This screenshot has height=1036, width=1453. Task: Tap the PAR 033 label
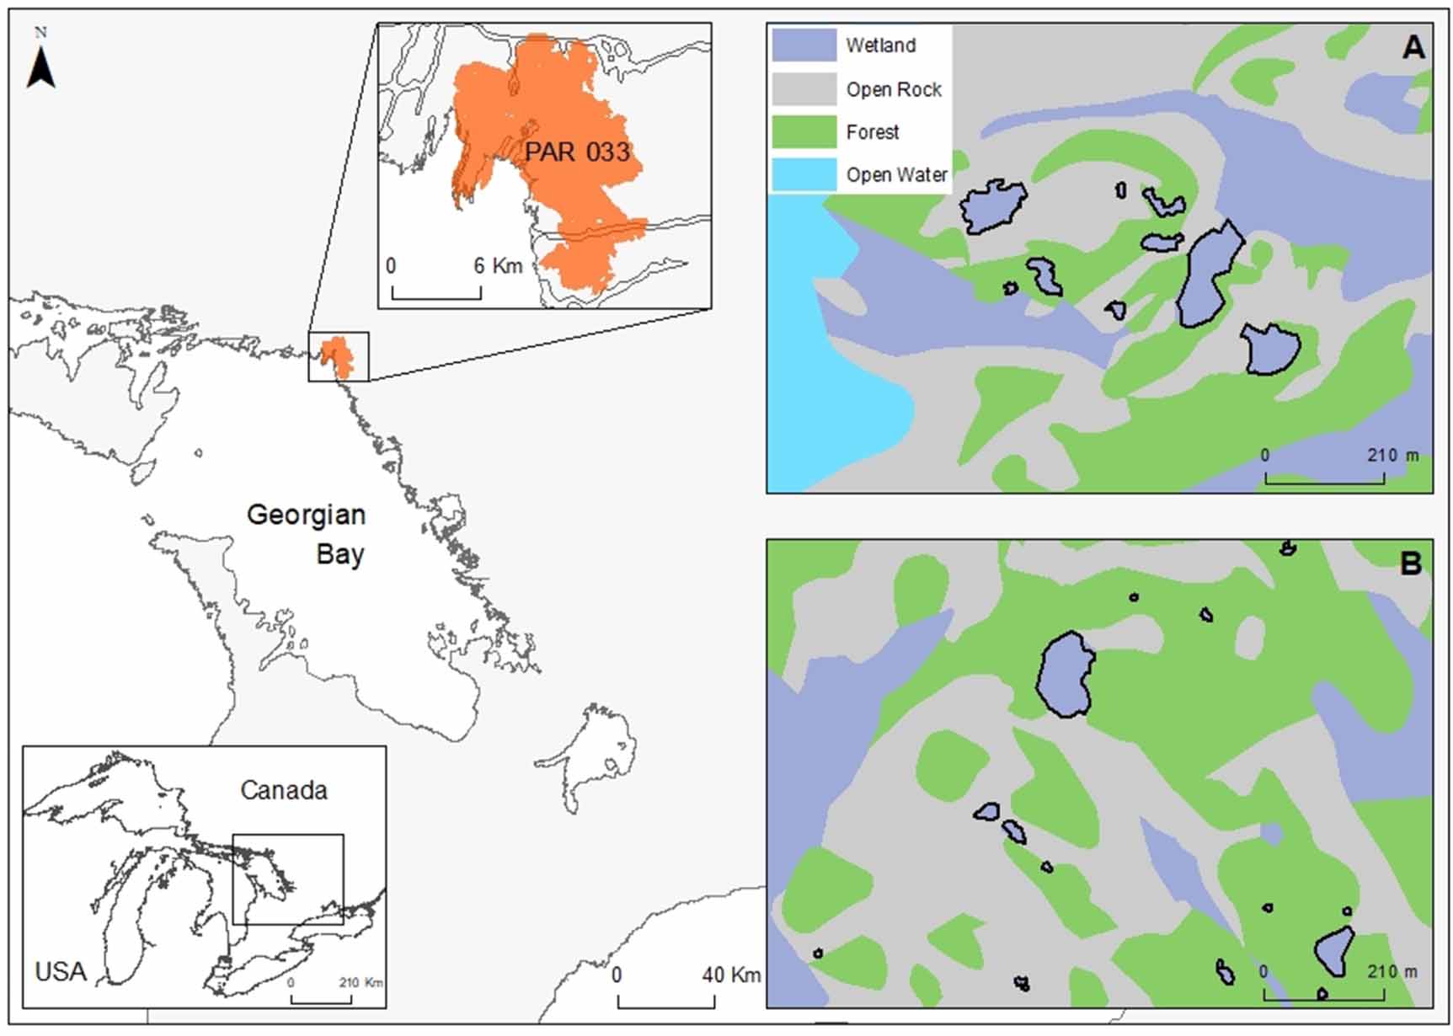(x=577, y=152)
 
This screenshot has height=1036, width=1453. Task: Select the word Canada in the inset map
(x=284, y=790)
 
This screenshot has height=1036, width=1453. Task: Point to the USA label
(x=61, y=971)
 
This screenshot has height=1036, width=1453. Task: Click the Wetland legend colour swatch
(x=804, y=45)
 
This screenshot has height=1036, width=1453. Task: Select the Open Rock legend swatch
(x=804, y=89)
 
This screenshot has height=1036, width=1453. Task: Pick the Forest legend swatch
(x=804, y=132)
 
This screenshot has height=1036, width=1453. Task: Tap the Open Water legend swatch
(x=804, y=175)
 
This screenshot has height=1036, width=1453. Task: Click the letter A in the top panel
(x=1413, y=47)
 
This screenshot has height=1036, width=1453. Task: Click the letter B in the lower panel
(x=1410, y=563)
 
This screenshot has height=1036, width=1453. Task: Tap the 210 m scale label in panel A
(x=1392, y=456)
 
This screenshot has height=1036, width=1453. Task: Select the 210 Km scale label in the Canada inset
(x=361, y=983)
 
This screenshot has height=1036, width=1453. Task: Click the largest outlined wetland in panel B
(x=1066, y=675)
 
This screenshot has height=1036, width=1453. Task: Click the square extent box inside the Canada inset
(x=288, y=878)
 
